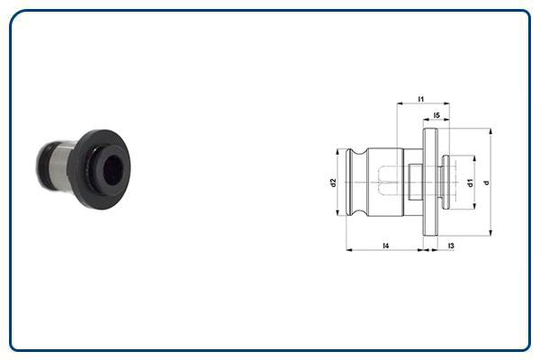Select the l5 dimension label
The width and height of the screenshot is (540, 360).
436,115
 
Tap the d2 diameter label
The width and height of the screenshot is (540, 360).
333,183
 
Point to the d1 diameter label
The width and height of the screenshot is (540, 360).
471,183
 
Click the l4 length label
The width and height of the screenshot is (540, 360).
386,245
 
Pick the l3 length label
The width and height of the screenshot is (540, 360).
450,245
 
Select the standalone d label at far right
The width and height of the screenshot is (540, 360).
486,183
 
